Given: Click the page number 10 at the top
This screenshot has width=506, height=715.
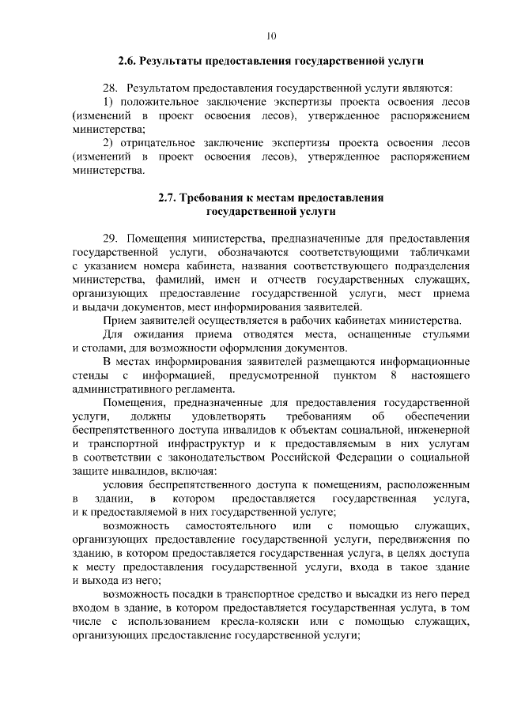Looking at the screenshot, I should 271,36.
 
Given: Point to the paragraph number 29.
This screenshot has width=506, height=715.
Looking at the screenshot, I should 111,239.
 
